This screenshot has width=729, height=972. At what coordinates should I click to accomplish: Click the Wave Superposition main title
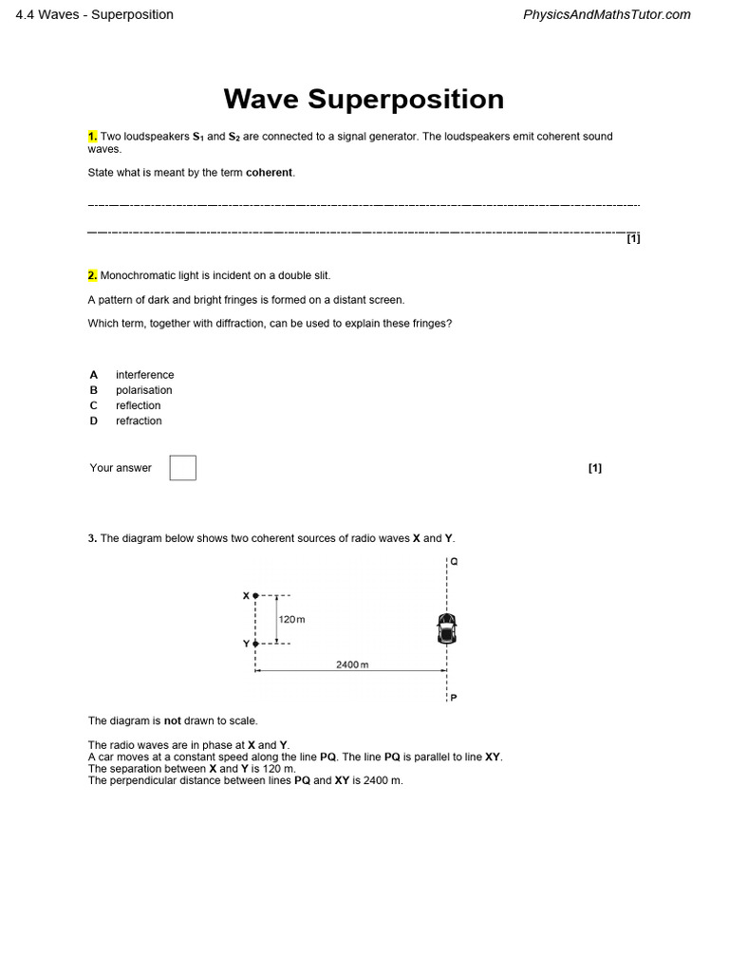(364, 99)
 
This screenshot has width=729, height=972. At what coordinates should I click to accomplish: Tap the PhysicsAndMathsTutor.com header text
(607, 14)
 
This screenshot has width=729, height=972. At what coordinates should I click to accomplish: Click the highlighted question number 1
(93, 137)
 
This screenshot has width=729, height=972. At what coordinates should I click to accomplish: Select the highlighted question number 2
(93, 275)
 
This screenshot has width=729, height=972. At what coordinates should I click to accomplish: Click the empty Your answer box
(183, 468)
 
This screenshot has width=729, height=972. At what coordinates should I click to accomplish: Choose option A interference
(144, 375)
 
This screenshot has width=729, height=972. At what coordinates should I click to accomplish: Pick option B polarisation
(143, 390)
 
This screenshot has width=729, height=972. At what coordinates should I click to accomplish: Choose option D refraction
(139, 421)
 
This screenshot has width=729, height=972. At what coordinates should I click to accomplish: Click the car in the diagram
(446, 627)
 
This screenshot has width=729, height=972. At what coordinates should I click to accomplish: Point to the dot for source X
(255, 596)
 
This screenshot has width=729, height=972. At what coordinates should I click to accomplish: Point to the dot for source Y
(255, 644)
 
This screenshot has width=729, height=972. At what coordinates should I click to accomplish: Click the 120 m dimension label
(292, 620)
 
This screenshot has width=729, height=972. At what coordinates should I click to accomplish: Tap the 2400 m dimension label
(351, 664)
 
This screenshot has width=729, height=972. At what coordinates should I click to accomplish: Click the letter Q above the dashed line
(454, 561)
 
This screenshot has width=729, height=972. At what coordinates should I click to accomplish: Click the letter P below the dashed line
(454, 698)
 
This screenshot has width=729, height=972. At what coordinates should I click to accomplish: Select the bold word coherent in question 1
(270, 173)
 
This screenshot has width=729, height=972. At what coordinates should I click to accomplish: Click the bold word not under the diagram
(173, 720)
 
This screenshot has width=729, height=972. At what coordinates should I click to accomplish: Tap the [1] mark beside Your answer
(595, 468)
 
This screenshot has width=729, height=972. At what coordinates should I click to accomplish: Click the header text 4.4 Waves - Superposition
(95, 14)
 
